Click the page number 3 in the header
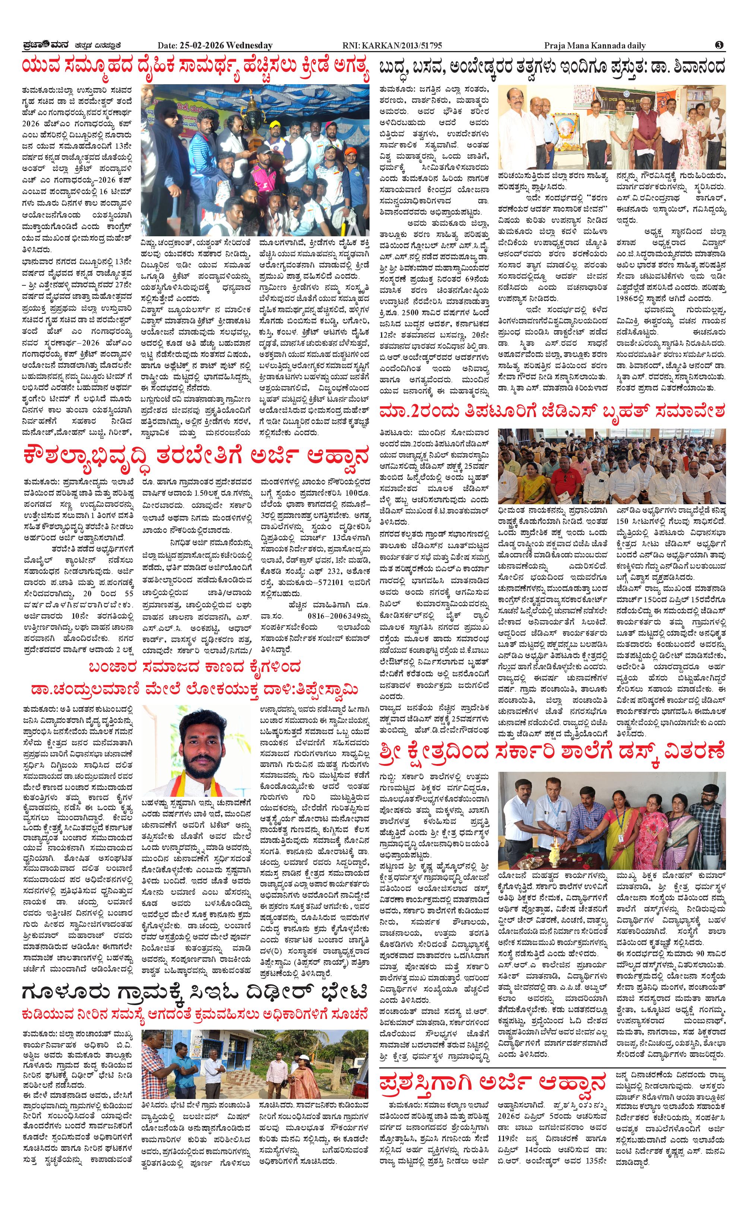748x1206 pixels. pos(719,45)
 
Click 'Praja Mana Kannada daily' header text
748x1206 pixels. pos(595,45)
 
